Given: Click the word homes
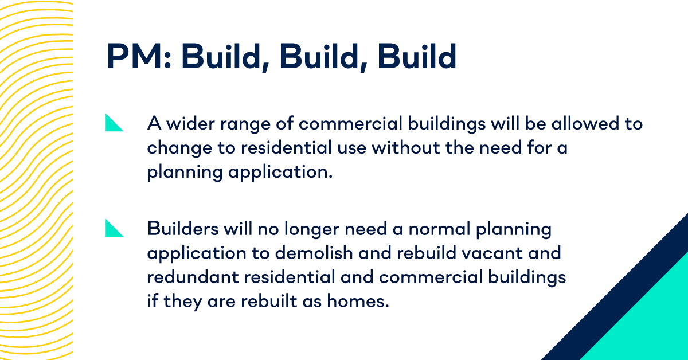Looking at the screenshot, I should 361,301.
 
